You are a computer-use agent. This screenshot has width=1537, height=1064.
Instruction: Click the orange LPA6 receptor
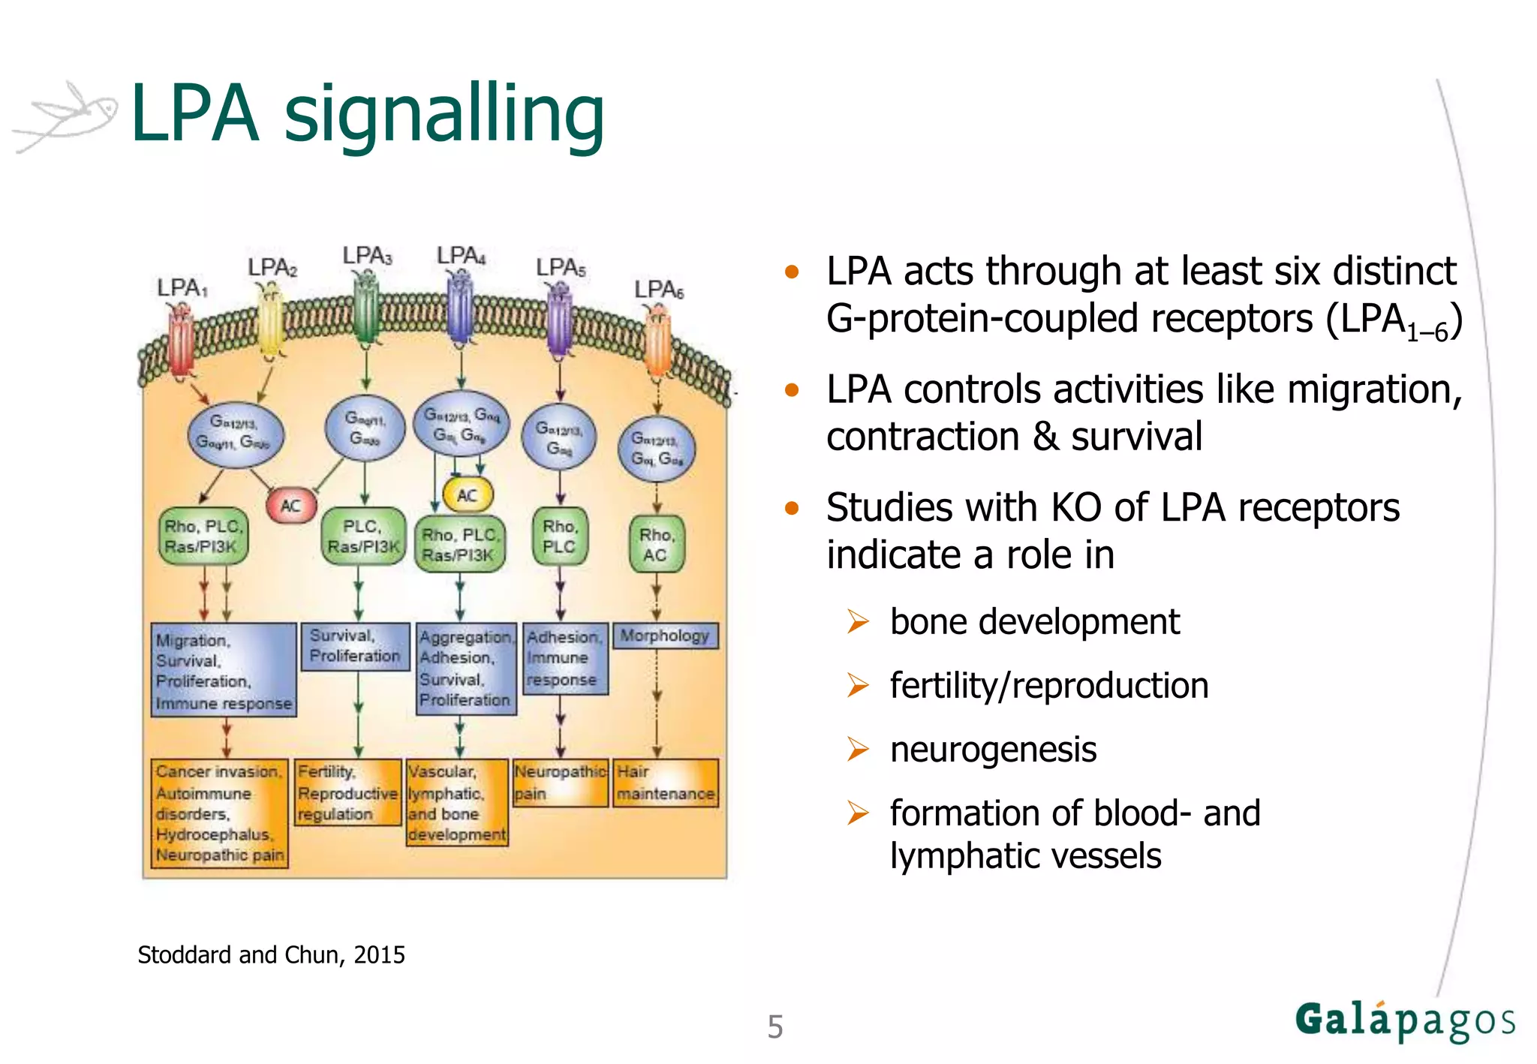coord(657,341)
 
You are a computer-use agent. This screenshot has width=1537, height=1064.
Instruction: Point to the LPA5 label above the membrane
coord(561,267)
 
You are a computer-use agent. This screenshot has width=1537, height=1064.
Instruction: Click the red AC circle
coord(291,505)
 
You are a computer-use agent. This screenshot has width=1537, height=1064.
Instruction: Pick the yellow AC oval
coord(468,494)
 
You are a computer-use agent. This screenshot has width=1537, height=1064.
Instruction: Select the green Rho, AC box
coord(656,545)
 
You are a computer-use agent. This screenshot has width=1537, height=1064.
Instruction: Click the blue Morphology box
coord(665,636)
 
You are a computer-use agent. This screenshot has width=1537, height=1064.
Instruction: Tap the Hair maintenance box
coord(666,783)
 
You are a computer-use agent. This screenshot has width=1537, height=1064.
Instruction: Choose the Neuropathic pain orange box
coord(560,783)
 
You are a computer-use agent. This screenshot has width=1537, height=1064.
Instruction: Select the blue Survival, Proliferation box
coord(355,646)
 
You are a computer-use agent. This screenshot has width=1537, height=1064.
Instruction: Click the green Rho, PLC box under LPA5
coord(560,537)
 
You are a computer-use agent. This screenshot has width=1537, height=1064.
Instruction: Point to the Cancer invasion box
coord(219,813)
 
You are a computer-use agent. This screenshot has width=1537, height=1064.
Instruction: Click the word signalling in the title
coord(444,114)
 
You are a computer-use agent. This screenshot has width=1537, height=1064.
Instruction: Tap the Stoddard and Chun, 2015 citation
coord(271,954)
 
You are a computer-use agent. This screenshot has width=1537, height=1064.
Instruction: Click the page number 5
coord(775,1026)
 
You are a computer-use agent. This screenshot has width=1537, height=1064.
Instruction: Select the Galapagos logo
coord(1404,1021)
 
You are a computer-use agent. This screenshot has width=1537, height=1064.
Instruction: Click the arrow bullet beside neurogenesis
coord(857,749)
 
